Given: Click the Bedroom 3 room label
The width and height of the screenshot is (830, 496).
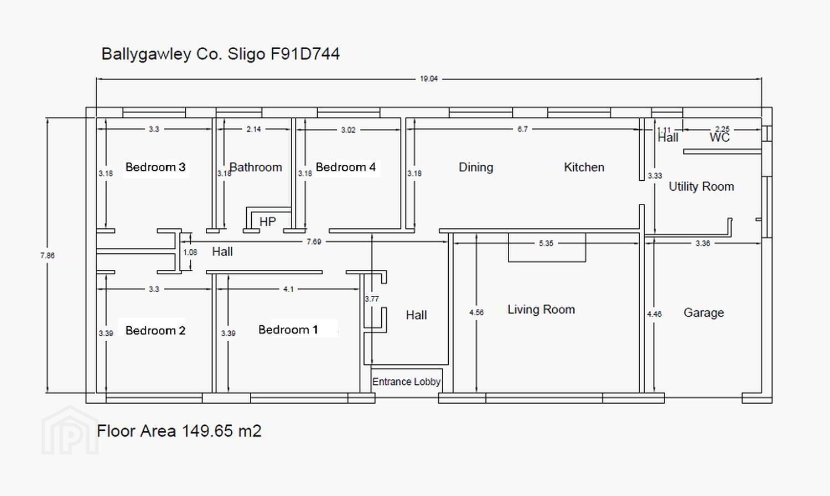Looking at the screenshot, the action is [x=155, y=168].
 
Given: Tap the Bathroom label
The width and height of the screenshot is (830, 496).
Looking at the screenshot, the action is [x=256, y=168].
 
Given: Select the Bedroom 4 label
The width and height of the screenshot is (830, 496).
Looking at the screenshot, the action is [x=346, y=168].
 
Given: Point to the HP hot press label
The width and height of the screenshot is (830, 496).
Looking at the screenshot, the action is [x=267, y=222].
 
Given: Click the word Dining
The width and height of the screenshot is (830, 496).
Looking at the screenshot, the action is [x=476, y=168].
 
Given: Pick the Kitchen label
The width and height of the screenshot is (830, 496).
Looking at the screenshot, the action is [x=584, y=168].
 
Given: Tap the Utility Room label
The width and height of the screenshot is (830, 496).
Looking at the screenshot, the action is [x=701, y=186].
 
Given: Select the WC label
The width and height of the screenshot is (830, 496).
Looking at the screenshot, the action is [x=719, y=138].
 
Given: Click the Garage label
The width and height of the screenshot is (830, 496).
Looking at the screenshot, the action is [x=704, y=313].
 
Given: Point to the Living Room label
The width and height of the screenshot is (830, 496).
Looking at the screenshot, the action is [x=541, y=310].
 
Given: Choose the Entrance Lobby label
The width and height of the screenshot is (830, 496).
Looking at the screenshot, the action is [x=406, y=382].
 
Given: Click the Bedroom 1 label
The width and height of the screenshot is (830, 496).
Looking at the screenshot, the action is [x=288, y=330].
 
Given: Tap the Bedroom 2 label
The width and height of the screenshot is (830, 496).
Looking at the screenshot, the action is [x=155, y=330].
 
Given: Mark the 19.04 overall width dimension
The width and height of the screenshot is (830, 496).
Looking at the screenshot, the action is [x=429, y=79].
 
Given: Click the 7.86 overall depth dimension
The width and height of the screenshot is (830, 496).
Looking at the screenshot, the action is [x=48, y=255].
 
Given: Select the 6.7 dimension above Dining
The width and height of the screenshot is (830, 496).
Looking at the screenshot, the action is [x=522, y=129].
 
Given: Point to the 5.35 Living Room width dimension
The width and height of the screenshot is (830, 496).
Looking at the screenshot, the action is [x=546, y=243].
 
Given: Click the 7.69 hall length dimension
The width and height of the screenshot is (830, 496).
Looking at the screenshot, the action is [x=314, y=242].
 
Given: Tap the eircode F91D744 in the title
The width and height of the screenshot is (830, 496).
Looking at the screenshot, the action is [x=305, y=54].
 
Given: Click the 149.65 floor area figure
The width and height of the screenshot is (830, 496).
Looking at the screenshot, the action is [x=207, y=431].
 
